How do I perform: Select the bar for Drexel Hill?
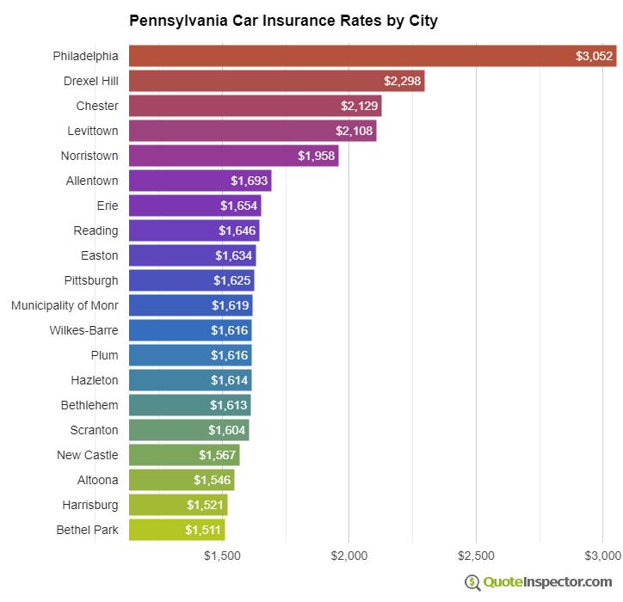point(276,81)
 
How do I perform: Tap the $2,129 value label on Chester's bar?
point(359,106)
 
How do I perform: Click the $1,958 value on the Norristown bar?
point(316,156)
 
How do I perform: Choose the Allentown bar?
point(200,181)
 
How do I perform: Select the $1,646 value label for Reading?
point(237,230)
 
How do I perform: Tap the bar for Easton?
point(192,255)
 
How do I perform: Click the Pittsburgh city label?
point(91,280)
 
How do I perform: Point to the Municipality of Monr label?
point(65,305)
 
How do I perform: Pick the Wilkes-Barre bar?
point(190,330)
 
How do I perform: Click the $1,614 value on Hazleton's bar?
point(229,380)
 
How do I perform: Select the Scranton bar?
point(188,430)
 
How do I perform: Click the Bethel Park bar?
point(176,530)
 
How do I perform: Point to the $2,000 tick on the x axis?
point(349,556)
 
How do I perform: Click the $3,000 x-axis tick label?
point(602,556)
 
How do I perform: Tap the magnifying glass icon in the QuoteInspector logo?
point(472,582)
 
